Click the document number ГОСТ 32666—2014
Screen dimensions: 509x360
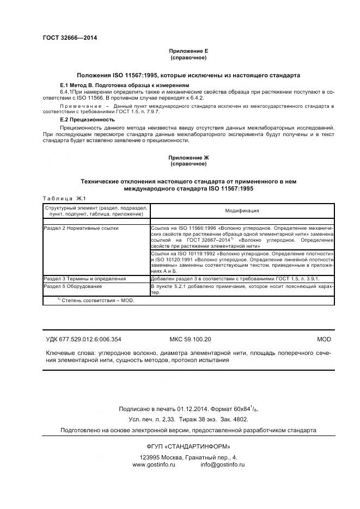[x=70, y=38]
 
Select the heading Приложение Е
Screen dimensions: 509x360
[x=188, y=51]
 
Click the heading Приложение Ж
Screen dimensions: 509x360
[x=188, y=157]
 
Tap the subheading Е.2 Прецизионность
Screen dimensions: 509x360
[x=87, y=119]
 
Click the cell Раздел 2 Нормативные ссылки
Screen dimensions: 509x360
[x=81, y=228]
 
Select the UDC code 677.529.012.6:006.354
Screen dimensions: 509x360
[x=93, y=339]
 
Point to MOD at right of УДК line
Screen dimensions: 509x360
[x=324, y=339]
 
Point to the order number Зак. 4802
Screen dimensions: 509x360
[x=234, y=419]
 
